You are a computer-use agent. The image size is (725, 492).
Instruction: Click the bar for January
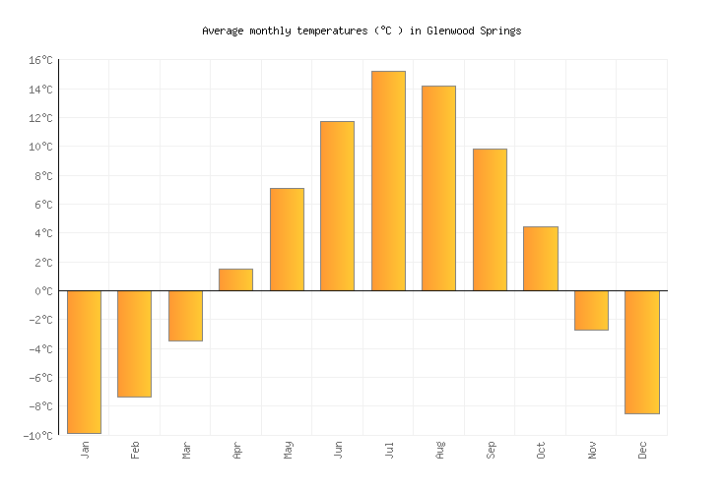[84, 361]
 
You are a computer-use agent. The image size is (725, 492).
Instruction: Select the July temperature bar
[388, 181]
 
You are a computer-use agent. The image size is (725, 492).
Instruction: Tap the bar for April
[235, 279]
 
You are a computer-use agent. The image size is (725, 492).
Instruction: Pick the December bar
[641, 351]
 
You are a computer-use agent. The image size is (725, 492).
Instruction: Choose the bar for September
[490, 219]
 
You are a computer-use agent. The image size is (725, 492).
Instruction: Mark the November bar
[591, 310]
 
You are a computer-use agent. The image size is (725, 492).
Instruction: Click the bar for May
[287, 239]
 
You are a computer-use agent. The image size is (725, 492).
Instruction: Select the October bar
[540, 259]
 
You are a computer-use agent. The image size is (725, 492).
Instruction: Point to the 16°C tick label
[39, 61]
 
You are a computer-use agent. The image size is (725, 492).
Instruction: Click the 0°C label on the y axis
[42, 291]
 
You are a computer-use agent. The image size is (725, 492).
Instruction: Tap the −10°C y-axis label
[37, 436]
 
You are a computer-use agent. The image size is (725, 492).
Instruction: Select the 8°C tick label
[42, 176]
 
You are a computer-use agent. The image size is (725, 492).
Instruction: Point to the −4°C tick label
[39, 349]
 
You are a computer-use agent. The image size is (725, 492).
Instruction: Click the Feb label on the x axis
[135, 450]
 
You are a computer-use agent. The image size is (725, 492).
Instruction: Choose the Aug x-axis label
[439, 450]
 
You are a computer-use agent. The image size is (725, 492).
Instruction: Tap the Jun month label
[338, 450]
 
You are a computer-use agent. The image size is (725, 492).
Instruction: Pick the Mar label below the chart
[186, 450]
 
